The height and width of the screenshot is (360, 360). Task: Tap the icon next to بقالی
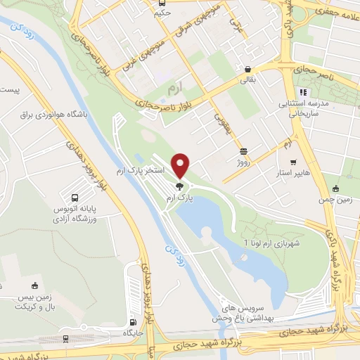click(248, 70)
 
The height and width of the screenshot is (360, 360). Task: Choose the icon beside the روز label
click(243, 150)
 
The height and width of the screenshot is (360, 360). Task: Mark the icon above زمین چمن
click(337, 188)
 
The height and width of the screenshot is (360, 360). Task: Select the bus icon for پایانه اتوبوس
click(75, 196)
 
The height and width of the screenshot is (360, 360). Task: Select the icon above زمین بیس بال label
click(33, 286)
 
